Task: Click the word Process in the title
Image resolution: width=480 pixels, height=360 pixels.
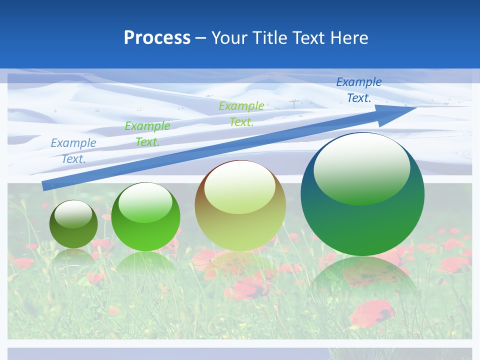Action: coord(157,37)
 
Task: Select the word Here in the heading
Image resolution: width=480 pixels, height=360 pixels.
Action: coord(349,37)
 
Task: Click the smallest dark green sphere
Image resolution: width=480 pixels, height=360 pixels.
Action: coord(73,230)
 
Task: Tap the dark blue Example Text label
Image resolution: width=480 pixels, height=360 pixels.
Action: coord(359,90)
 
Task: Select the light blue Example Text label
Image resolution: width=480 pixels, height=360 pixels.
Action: coord(73,151)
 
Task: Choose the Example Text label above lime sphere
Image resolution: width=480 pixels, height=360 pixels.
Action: coord(147,134)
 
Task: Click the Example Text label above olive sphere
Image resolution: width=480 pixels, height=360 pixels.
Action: coord(241,113)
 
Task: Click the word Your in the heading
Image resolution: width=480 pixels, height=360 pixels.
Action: coord(228,37)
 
